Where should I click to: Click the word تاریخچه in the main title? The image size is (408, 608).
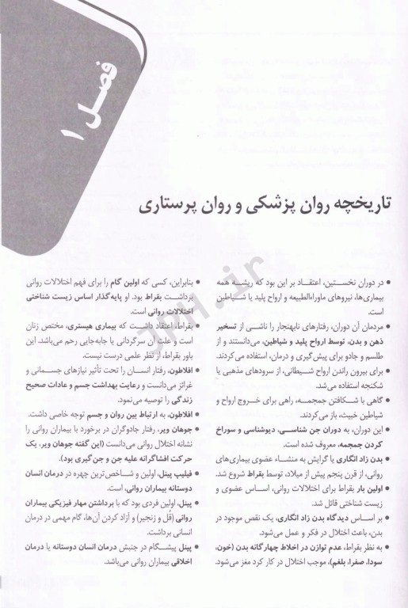click(365, 205)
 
